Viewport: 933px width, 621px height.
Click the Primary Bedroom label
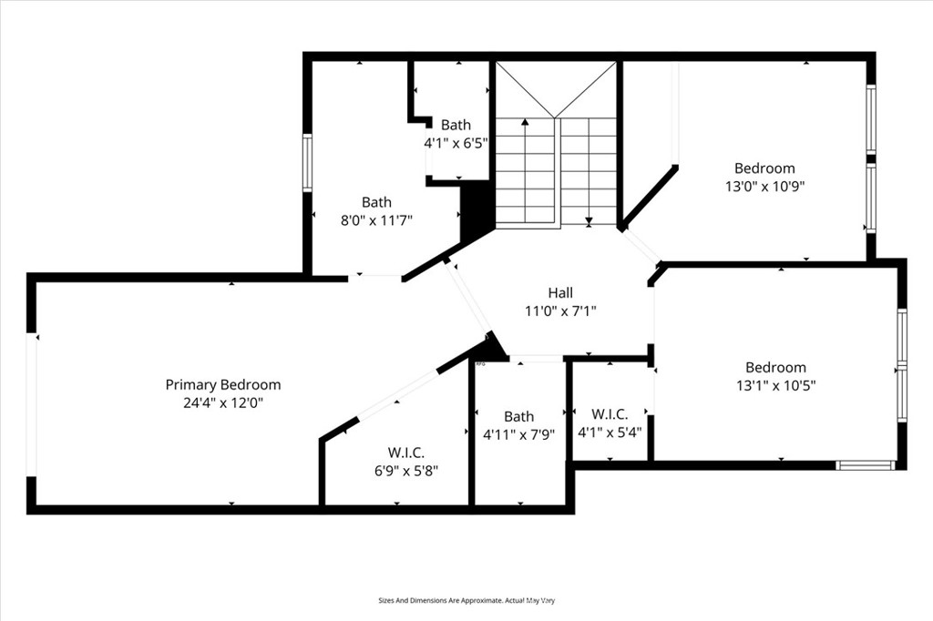coord(222,384)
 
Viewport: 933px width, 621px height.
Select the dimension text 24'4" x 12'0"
coord(222,402)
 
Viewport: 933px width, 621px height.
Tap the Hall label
coord(559,292)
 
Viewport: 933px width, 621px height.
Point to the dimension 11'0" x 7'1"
coord(559,310)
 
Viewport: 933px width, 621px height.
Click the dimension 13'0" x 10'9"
coord(764,185)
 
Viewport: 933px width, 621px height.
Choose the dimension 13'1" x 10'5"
coord(775,384)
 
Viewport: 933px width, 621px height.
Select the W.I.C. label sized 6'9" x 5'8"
coord(406,453)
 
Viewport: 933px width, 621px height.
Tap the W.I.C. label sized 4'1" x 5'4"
coord(610,414)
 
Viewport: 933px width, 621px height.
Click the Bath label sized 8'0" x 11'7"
coord(376,202)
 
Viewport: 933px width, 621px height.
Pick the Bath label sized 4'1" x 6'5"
coord(456,125)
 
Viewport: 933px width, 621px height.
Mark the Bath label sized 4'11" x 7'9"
coord(518,416)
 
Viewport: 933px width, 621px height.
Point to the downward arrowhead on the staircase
coord(589,219)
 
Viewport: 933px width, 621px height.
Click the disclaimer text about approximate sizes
coord(466,600)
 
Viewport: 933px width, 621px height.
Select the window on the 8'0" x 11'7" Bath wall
coord(307,163)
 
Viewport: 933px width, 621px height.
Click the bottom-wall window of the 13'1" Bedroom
coord(866,465)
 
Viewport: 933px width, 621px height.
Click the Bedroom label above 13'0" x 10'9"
coord(764,168)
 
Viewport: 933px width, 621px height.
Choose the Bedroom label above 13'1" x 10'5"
coord(775,367)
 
